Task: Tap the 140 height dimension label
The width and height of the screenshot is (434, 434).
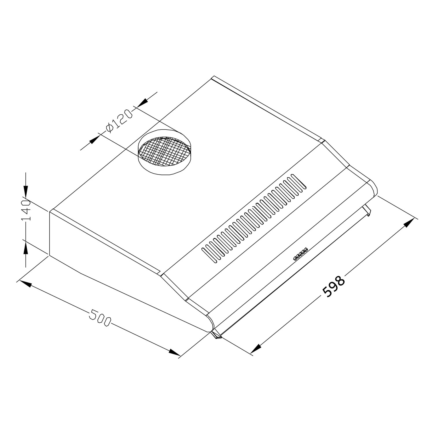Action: pos(26,210)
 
